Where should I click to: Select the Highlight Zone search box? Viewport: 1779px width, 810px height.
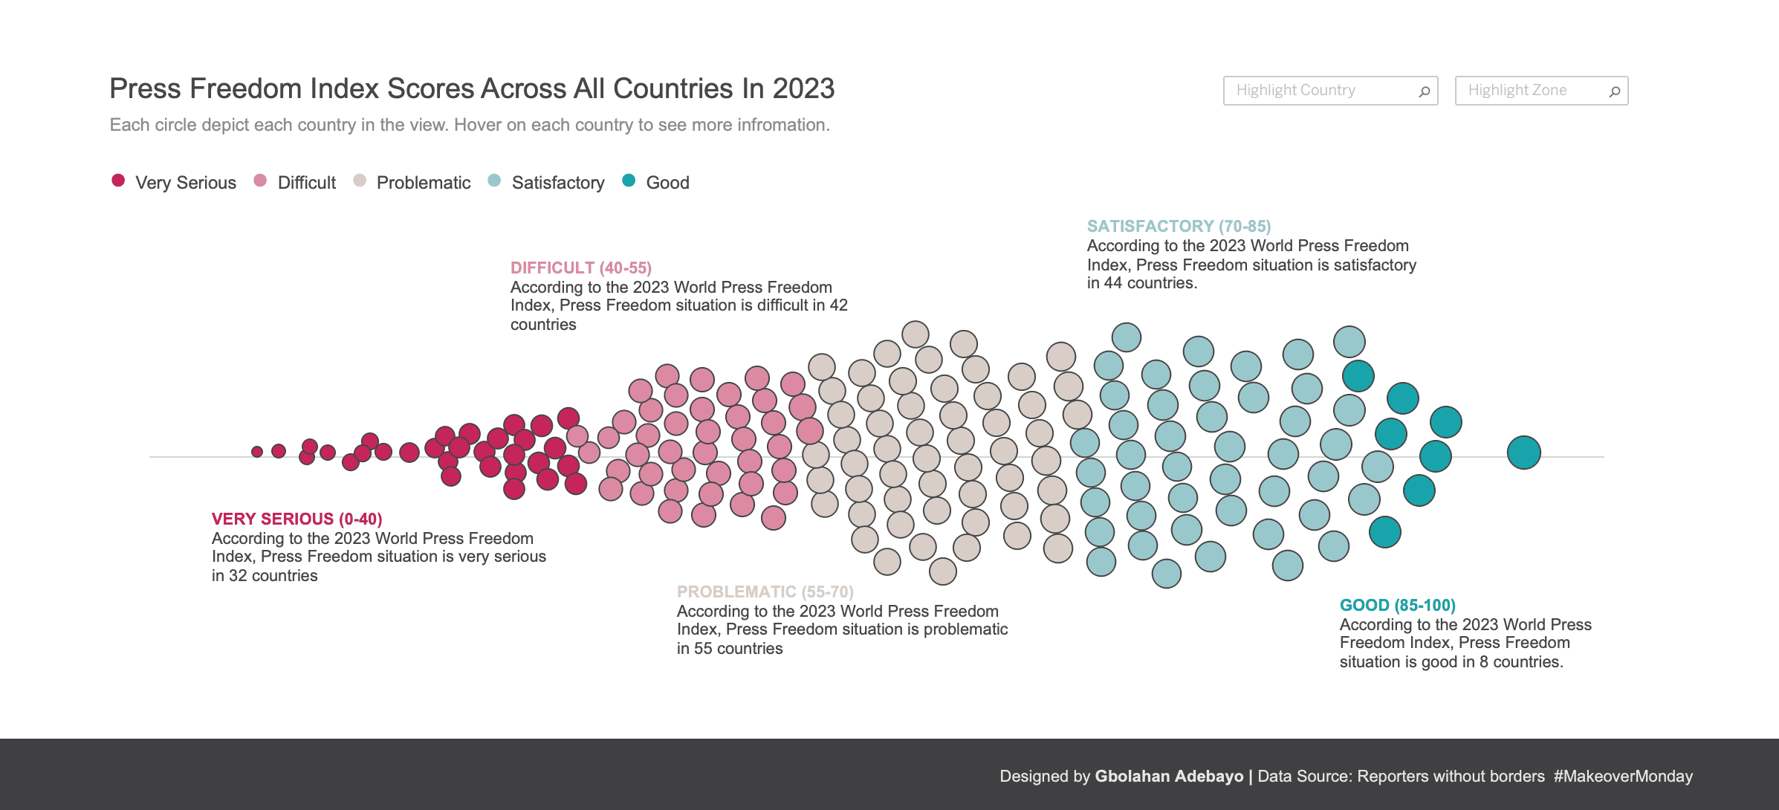click(1531, 91)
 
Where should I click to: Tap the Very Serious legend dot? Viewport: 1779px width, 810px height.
click(118, 181)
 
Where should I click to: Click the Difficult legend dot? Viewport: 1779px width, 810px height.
click(260, 181)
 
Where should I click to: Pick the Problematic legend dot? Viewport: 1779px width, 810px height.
click(360, 181)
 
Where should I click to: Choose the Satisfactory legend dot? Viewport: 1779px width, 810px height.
click(494, 181)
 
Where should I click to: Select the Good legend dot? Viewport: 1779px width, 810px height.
click(629, 181)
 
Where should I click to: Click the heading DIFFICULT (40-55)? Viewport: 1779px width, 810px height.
click(580, 268)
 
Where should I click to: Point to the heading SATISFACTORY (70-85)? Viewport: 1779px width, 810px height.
click(1179, 226)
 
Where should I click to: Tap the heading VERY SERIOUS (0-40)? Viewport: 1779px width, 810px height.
click(296, 519)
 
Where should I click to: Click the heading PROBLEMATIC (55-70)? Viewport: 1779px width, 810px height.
click(765, 592)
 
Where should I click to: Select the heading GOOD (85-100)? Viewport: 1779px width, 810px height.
click(1397, 605)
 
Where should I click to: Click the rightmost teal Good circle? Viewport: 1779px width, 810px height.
click(1523, 453)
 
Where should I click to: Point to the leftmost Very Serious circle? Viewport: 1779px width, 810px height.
click(257, 452)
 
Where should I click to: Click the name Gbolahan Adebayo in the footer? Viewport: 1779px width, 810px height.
click(1169, 777)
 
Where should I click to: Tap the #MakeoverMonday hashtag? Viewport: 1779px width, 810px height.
click(1623, 777)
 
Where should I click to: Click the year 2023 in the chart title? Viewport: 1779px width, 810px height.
click(803, 88)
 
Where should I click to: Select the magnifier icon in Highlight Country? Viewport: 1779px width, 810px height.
click(1424, 91)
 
